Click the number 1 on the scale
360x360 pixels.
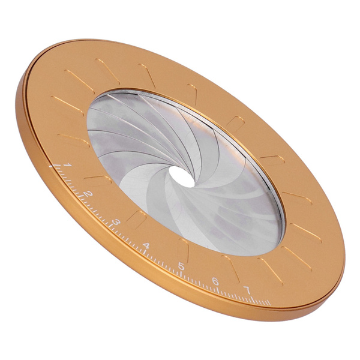click(68, 165)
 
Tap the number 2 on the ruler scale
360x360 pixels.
click(88, 193)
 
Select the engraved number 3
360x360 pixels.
click(116, 221)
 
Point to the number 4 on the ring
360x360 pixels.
click(147, 246)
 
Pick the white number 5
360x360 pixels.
click(180, 266)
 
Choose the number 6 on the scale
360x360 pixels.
click(214, 281)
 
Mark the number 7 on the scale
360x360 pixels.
click(246, 290)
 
